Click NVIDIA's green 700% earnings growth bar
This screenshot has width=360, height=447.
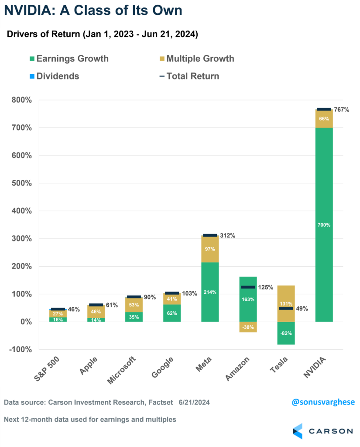tap(324, 225)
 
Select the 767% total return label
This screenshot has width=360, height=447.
tap(341, 110)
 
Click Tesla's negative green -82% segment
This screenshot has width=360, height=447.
tap(286, 333)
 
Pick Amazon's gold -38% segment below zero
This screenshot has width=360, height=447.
tap(248, 327)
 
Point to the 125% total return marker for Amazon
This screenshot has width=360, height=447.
tap(248, 287)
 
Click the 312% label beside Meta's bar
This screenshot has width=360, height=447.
tap(227, 236)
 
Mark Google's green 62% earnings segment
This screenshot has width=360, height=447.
tap(172, 313)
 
